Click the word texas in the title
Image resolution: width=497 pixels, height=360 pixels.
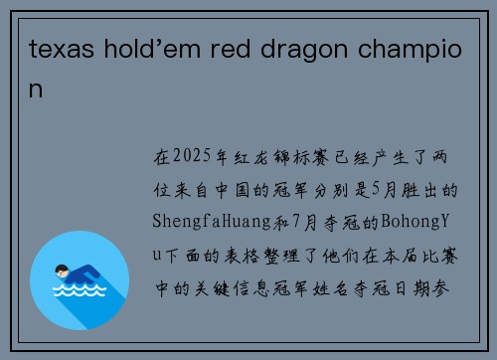pos(56,50)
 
